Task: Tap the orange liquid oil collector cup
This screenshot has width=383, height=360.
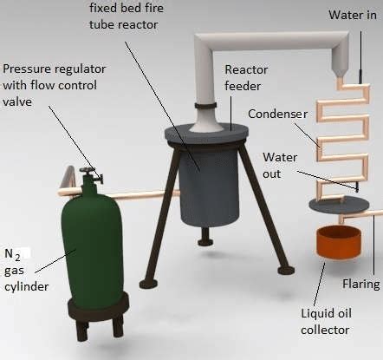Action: point(339,242)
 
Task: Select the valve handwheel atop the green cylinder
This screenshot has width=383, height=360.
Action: point(87,170)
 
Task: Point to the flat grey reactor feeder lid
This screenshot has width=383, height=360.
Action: point(206,134)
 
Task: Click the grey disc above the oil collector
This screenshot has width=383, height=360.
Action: point(339,205)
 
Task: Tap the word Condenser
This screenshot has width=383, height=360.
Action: point(277,114)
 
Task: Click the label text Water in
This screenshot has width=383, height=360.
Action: point(353,15)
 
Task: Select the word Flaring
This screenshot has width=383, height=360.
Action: point(361,284)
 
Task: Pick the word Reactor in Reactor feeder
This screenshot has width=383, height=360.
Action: point(246,69)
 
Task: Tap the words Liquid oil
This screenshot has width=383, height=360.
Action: point(327,314)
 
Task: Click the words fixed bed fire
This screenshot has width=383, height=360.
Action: point(127,8)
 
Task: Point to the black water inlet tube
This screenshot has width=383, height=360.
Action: point(360,58)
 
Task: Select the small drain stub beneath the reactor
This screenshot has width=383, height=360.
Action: point(205,237)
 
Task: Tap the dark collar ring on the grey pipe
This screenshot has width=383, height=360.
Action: point(205,105)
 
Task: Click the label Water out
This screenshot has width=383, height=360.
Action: point(280,166)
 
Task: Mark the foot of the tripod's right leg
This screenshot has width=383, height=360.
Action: point(286,271)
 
